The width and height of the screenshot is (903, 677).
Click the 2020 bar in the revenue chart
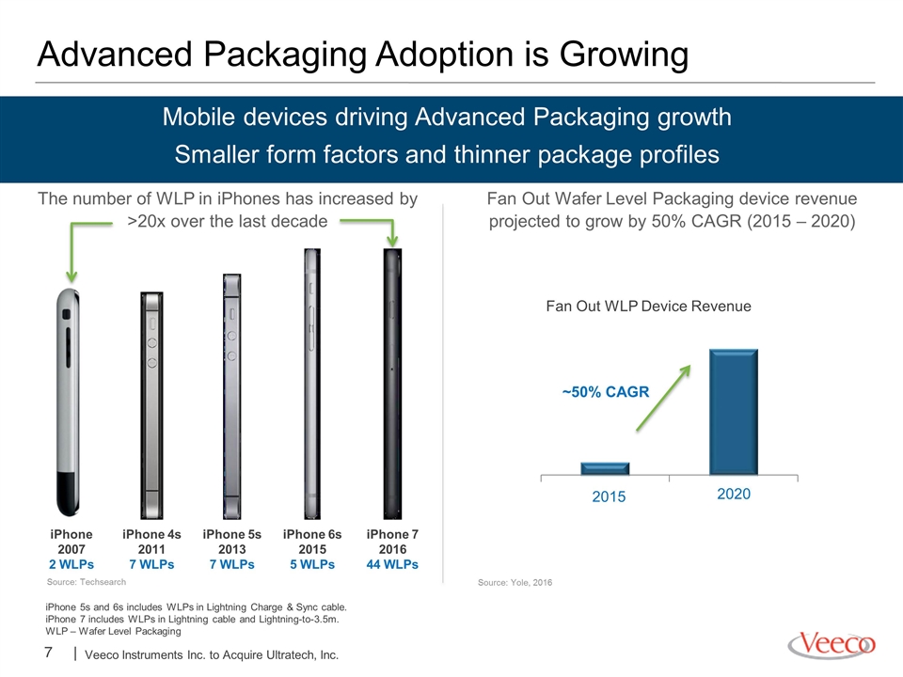(x=733, y=412)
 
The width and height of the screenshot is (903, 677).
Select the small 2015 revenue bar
(x=605, y=468)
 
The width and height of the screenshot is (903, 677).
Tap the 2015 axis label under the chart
(x=609, y=496)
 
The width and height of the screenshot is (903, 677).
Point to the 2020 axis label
(x=734, y=494)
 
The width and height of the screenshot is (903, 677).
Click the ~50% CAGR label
(x=606, y=392)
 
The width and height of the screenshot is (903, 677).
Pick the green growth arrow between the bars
(x=663, y=398)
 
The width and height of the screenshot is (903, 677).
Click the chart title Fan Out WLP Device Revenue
(x=648, y=306)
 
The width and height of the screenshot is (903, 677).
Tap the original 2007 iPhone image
(x=68, y=402)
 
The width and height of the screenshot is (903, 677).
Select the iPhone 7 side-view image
(x=393, y=384)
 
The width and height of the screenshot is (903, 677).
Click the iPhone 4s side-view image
(x=152, y=405)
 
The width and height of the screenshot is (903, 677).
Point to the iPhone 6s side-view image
(x=312, y=384)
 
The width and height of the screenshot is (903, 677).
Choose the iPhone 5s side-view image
(x=232, y=396)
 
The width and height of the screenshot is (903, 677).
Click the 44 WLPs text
(x=392, y=564)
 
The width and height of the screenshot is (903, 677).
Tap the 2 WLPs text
(x=71, y=564)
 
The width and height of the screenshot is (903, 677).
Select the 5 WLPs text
(x=312, y=564)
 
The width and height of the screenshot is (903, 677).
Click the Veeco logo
(x=832, y=644)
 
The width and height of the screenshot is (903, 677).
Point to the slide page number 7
(x=48, y=653)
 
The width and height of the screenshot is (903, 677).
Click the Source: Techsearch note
(x=87, y=582)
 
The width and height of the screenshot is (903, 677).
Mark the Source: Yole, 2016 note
(x=515, y=583)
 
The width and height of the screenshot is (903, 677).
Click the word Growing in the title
(x=624, y=55)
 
